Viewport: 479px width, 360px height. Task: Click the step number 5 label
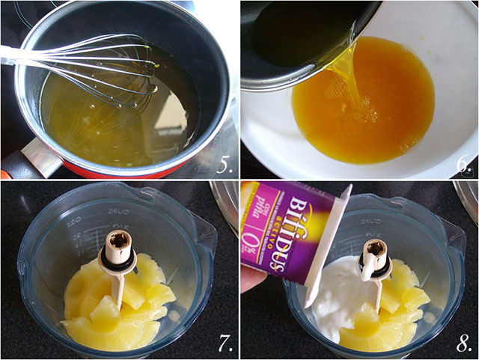pyautogui.click(x=225, y=164)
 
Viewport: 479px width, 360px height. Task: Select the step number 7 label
pyautogui.click(x=225, y=344)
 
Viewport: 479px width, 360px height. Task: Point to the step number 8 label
pyautogui.click(x=464, y=344)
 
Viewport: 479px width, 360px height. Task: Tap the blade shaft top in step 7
pyautogui.click(x=118, y=243)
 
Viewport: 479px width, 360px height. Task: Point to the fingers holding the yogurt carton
pyautogui.click(x=253, y=281)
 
